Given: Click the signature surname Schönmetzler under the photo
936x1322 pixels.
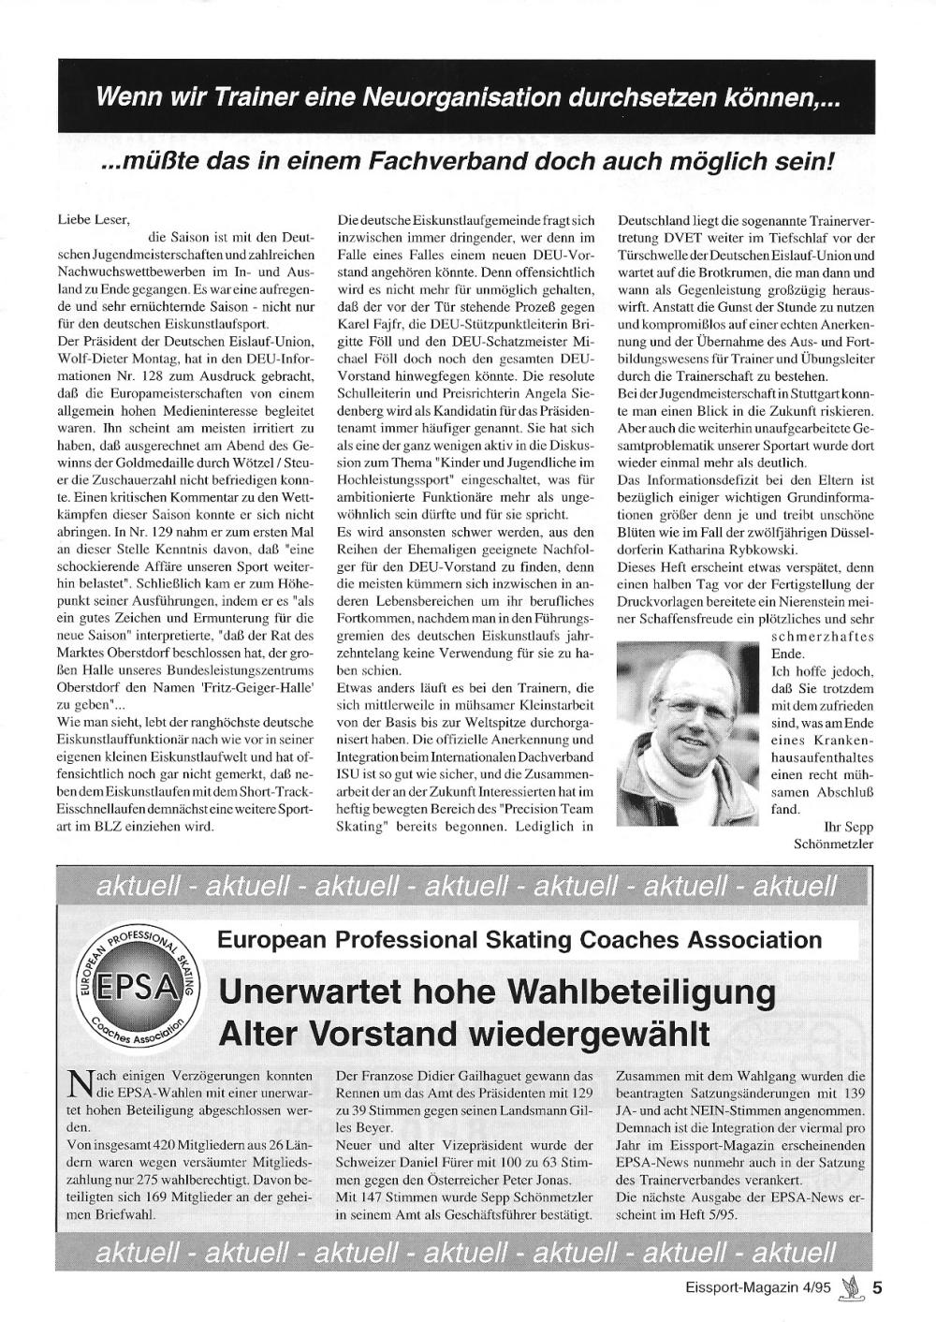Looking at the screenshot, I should [833, 844].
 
